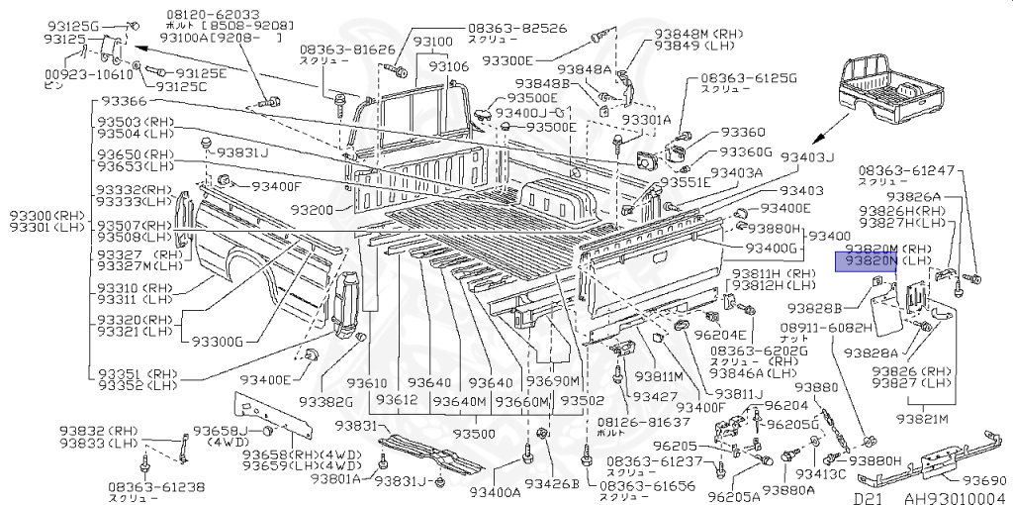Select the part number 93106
(x=447, y=66)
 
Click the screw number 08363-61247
(x=907, y=170)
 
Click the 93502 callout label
(x=583, y=401)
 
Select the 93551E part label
(x=687, y=183)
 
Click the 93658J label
(x=220, y=431)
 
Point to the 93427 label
(x=655, y=396)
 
